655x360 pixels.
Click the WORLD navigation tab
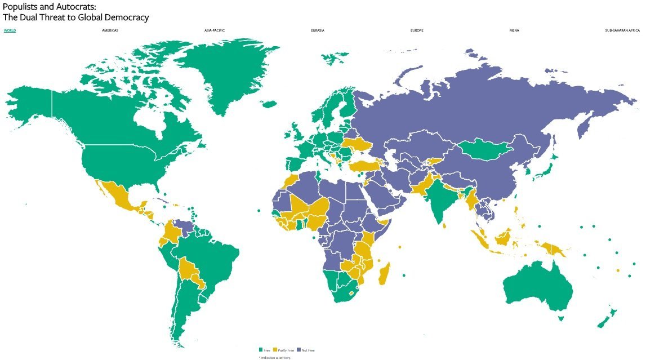pos(10,30)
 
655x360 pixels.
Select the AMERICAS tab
pos(110,30)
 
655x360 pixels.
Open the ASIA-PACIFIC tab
pos(215,30)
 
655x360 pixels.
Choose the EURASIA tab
pos(317,30)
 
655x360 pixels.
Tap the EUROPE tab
pos(417,30)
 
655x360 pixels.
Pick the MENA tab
pos(514,30)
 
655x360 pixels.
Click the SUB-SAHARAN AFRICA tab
pos(622,30)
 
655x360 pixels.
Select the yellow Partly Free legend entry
pos(283,350)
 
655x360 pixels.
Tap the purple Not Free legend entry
pos(306,350)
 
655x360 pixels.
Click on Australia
pos(538,287)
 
